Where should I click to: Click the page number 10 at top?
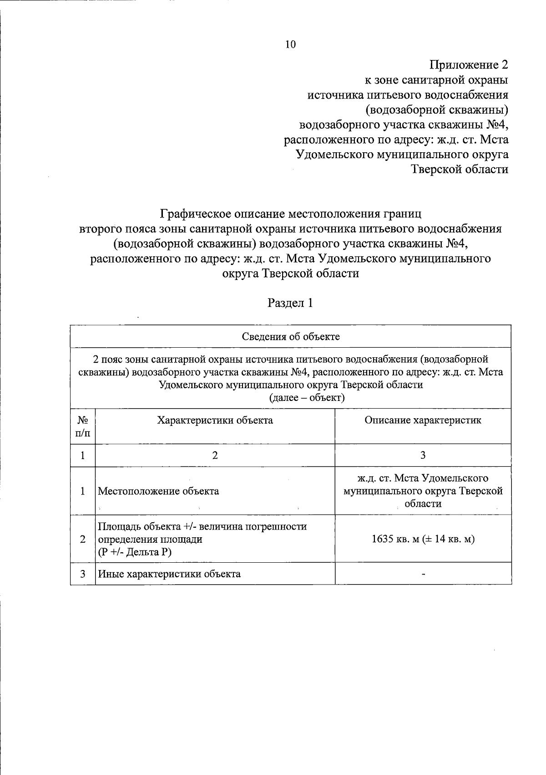tap(290, 44)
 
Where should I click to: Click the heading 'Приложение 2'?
tap(469, 65)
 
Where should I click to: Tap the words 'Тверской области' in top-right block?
tap(460, 169)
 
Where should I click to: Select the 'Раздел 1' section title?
tap(290, 303)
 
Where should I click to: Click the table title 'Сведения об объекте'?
tap(291, 337)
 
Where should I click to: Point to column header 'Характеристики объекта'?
tap(215, 420)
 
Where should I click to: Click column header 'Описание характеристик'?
tap(423, 420)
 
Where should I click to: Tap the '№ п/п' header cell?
tap(82, 426)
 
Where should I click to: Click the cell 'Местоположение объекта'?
tap(158, 491)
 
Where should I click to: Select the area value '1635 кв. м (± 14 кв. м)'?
tap(423, 540)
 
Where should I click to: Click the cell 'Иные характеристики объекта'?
tap(169, 574)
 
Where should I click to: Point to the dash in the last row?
tap(423, 575)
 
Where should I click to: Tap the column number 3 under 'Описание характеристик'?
tap(423, 455)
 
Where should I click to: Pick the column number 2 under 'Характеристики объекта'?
tap(215, 455)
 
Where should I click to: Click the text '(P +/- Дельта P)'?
tap(135, 552)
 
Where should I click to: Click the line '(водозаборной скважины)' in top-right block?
tap(437, 110)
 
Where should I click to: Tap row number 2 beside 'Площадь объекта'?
tap(82, 540)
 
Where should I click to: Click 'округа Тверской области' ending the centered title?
tap(290, 274)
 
